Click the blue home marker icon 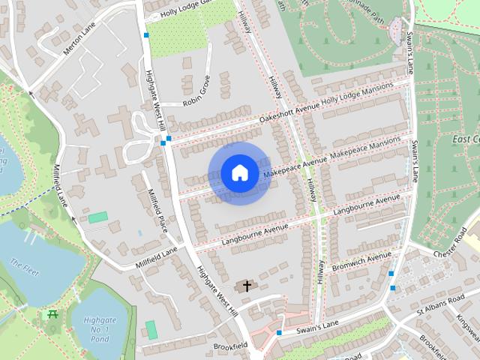pos(239,173)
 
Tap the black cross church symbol pos(246,286)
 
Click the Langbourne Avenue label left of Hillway pos(257,228)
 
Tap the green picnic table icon pos(52,314)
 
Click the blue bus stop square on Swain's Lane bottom pos(279,332)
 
